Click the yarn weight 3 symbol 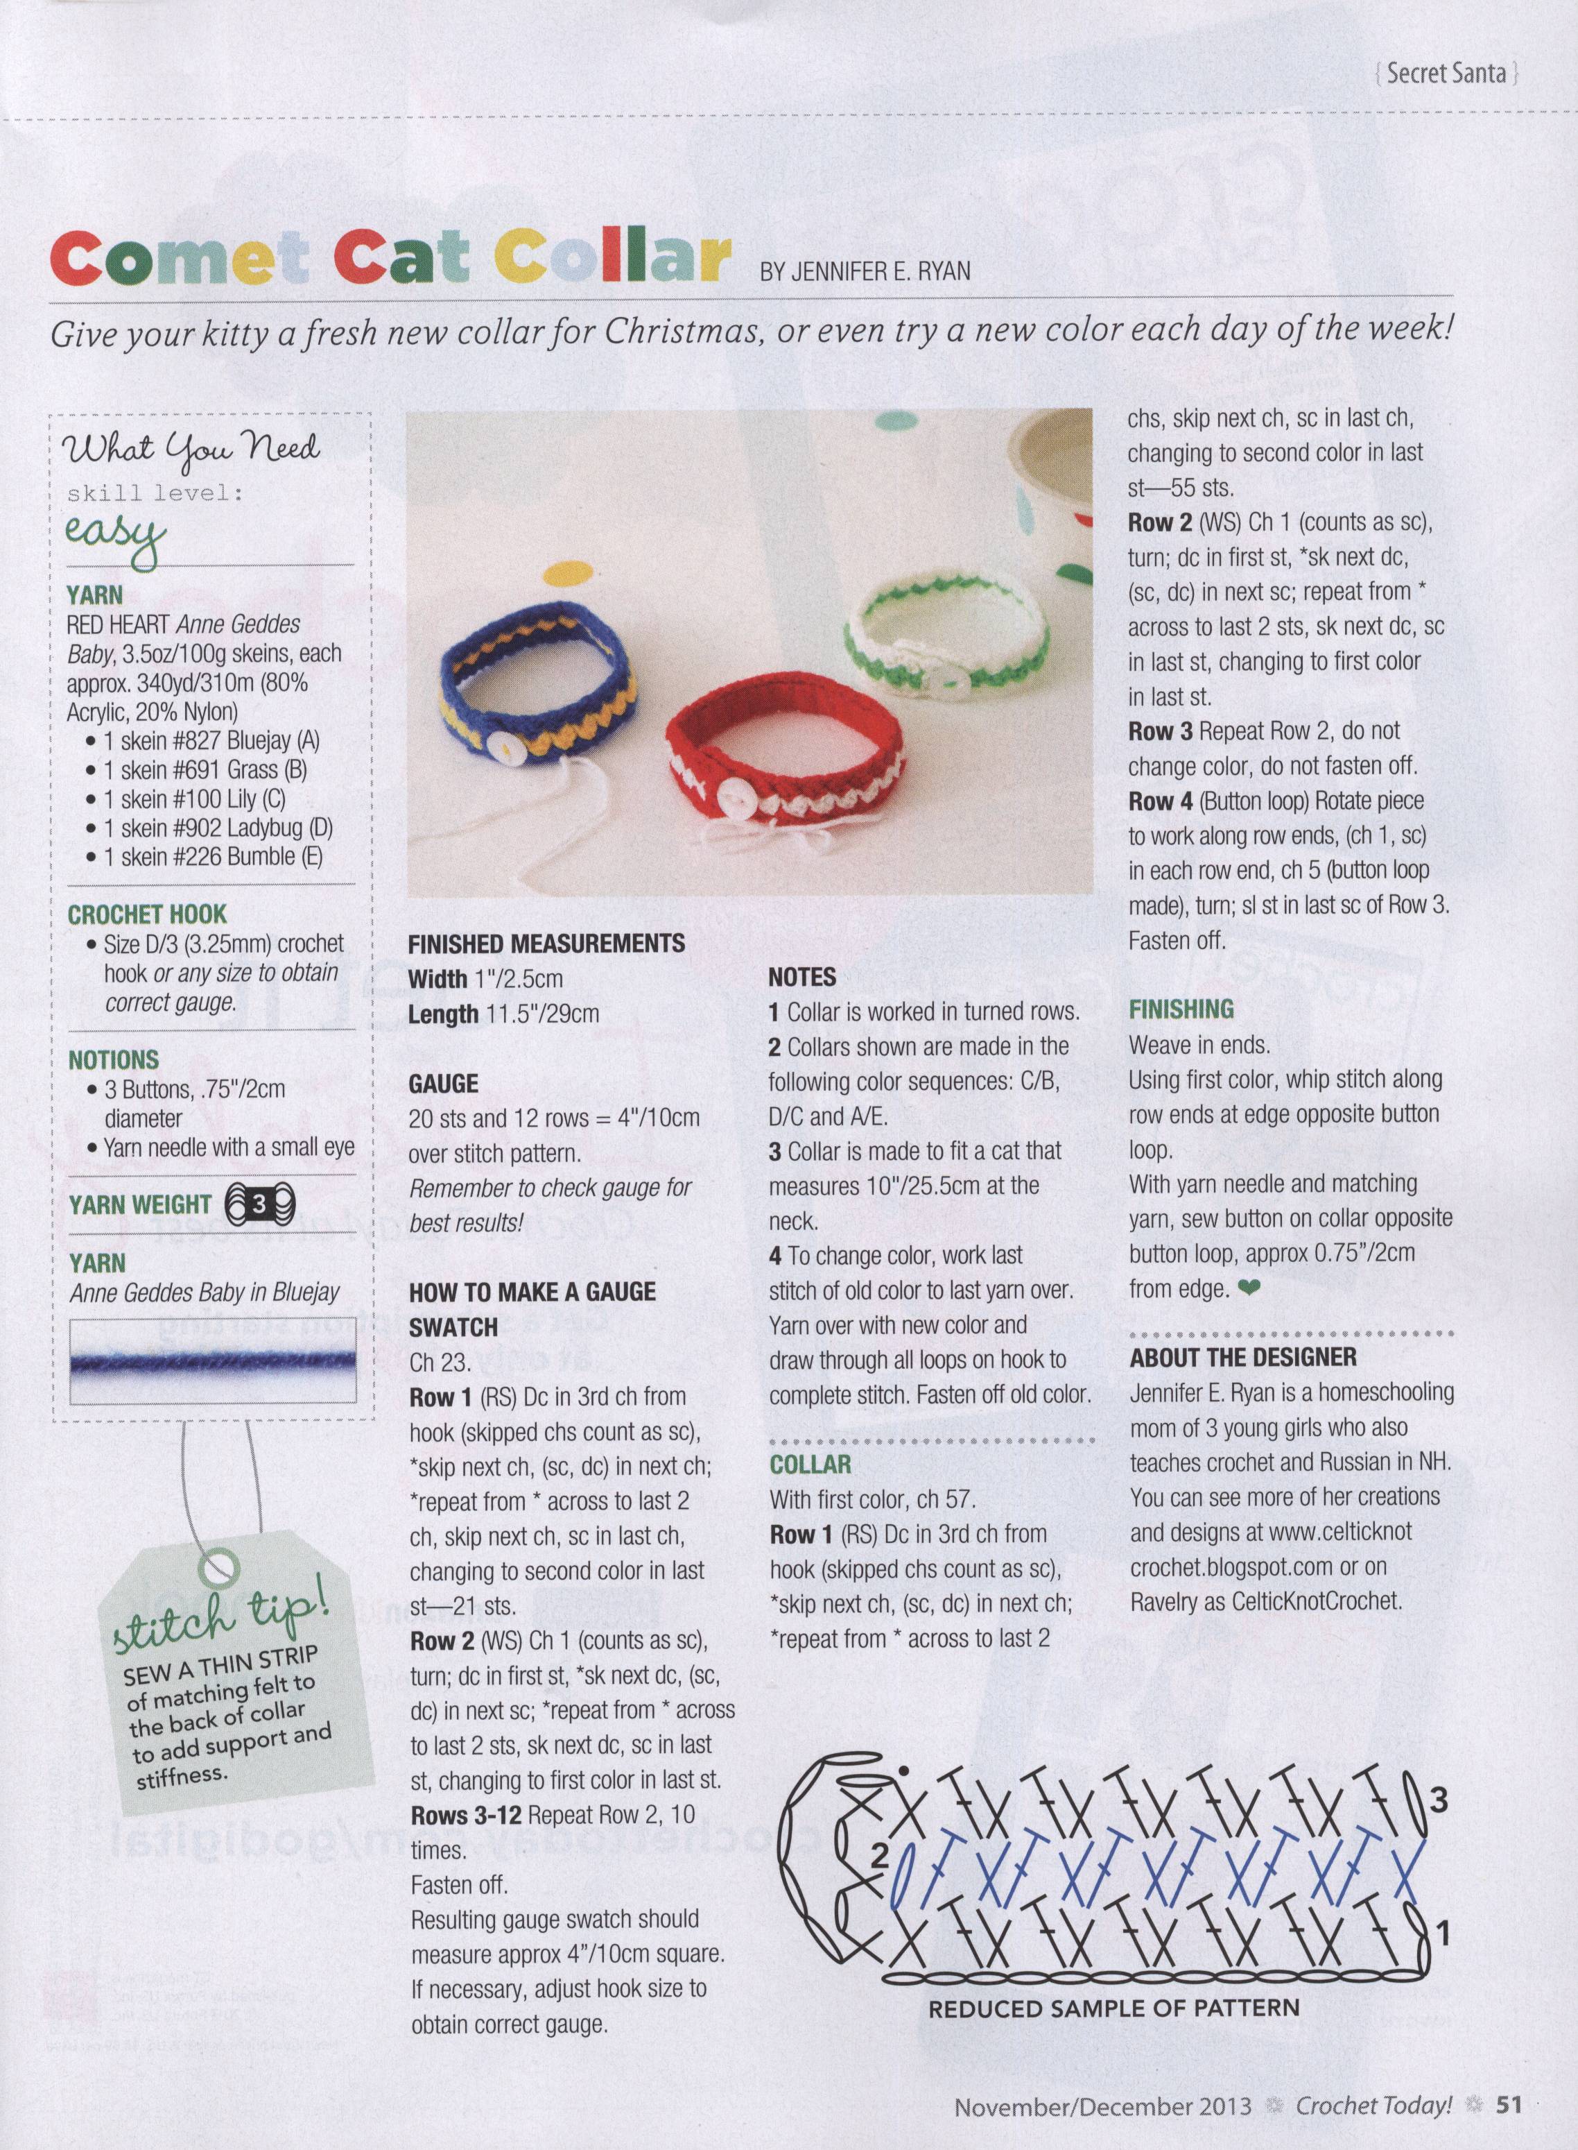pos(260,1205)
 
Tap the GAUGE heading pos(443,1084)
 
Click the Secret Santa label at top pos(1446,73)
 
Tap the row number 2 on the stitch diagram pos(880,1857)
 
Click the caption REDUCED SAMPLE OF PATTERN pos(1113,2008)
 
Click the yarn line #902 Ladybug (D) pos(217,828)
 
